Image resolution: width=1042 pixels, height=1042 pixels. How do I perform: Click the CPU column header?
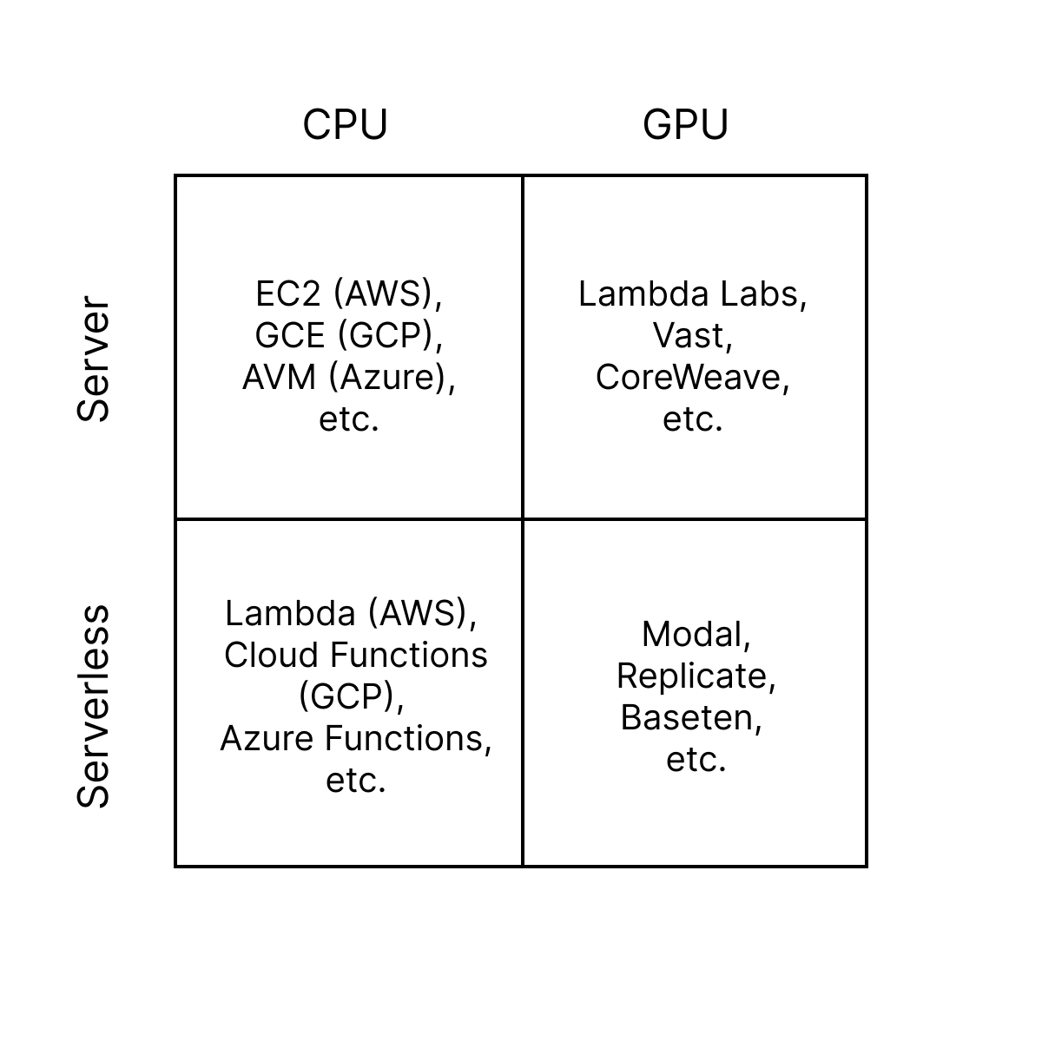click(345, 125)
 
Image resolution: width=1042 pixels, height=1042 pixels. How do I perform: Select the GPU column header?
click(685, 125)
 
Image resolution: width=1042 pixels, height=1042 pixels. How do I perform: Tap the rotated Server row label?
click(94, 359)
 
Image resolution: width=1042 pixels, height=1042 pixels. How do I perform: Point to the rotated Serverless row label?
click(94, 706)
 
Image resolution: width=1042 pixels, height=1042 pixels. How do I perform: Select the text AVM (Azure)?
click(347, 378)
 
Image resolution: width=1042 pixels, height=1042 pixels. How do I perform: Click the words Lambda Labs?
click(691, 294)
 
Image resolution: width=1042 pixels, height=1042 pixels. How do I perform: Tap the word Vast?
click(691, 336)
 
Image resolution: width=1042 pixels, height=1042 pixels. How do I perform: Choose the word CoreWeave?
click(691, 378)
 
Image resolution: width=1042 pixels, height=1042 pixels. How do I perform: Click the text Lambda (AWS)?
click(350, 614)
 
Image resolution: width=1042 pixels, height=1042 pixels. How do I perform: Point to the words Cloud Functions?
click(355, 656)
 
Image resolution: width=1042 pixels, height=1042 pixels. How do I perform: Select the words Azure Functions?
click(354, 739)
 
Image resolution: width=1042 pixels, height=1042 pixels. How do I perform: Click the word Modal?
click(695, 635)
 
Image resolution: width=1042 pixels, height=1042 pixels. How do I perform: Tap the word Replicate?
click(695, 676)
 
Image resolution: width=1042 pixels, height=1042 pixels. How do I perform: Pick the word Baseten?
click(690, 718)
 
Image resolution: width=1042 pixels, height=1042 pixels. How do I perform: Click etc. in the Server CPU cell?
click(348, 419)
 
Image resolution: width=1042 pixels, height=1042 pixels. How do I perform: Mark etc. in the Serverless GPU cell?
click(696, 760)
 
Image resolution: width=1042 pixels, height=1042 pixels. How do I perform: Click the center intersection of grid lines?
click(523, 519)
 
